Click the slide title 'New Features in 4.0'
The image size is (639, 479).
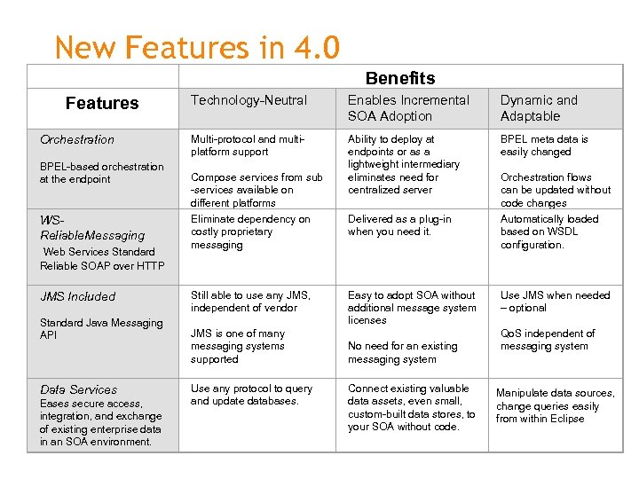tap(196, 47)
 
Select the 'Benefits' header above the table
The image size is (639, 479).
tap(400, 78)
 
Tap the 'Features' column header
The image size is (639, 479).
tap(102, 103)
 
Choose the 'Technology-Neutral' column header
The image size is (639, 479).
tap(249, 100)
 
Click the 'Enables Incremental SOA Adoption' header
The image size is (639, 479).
tap(408, 108)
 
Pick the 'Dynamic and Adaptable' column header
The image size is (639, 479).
tap(539, 108)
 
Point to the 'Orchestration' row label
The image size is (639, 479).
tap(77, 139)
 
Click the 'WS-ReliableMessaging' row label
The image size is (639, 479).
tap(92, 228)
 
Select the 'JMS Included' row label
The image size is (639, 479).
tap(78, 296)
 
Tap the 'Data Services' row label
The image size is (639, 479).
tap(78, 389)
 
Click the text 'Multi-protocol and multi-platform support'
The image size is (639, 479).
tap(248, 145)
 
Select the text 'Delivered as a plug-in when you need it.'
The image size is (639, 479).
tap(399, 225)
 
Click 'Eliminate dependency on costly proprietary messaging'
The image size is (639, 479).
tap(250, 232)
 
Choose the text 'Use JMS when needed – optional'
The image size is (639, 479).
tap(555, 302)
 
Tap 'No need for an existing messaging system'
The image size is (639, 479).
tap(403, 353)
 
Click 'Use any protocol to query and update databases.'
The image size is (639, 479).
tap(251, 395)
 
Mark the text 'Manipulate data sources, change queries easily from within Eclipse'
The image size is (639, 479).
tap(555, 405)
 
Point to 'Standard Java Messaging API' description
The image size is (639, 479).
tap(101, 329)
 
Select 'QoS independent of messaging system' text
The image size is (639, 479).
tap(548, 340)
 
